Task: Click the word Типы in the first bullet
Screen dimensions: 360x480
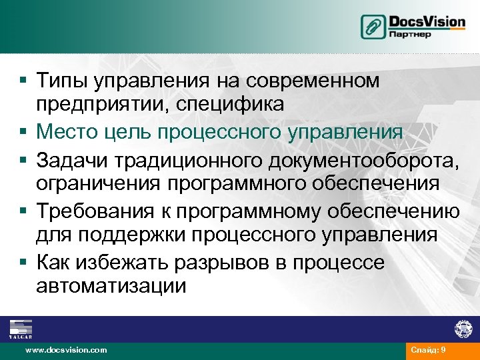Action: pos(63,81)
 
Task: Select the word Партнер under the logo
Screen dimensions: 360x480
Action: pos(410,35)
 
